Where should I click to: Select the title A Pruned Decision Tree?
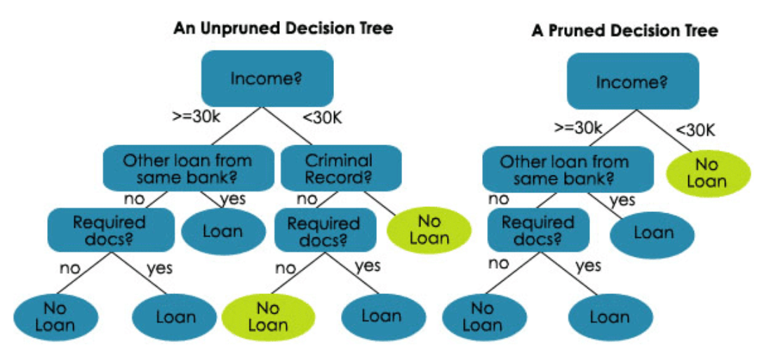click(624, 31)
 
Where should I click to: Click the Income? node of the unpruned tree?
click(267, 78)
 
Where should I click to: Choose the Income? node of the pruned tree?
click(632, 81)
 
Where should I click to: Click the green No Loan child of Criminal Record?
click(429, 229)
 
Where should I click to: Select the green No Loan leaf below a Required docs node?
click(267, 316)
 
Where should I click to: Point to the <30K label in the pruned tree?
click(695, 129)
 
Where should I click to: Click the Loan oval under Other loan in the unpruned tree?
click(222, 231)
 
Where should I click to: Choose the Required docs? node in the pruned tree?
click(538, 231)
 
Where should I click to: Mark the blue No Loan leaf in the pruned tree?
click(482, 316)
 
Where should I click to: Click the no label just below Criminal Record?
click(307, 199)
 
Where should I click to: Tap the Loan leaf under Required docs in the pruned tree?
click(609, 316)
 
